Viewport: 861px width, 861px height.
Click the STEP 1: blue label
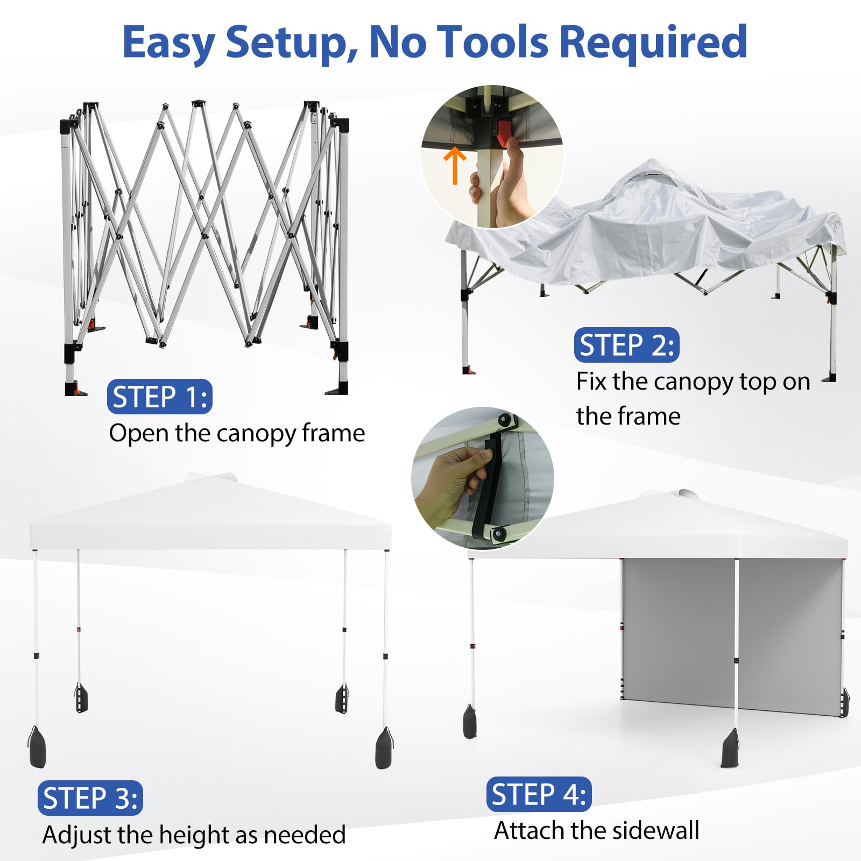coord(159,397)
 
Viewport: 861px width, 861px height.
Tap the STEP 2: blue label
coord(626,345)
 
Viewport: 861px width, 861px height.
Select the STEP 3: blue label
coord(90,798)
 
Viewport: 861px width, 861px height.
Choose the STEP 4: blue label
coord(539,794)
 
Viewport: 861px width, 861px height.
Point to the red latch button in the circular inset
coord(504,132)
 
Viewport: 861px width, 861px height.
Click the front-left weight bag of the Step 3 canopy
coord(37,746)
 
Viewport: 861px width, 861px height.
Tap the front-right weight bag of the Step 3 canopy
coord(384,748)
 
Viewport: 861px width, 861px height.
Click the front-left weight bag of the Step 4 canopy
coord(470,721)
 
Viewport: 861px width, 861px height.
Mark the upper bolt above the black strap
coord(505,420)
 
